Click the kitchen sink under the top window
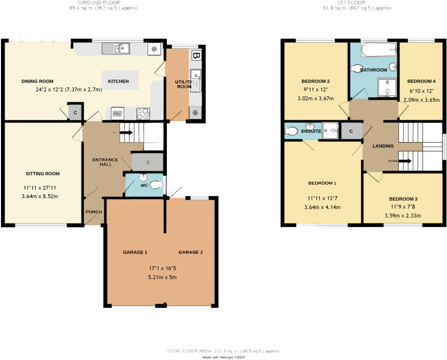[x=116, y=48]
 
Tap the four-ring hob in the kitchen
[x=143, y=114]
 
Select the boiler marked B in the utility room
[x=197, y=55]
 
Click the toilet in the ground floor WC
[x=156, y=185]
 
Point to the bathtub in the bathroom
[x=378, y=50]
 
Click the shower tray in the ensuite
[x=330, y=130]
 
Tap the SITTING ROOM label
[x=43, y=174]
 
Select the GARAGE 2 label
[x=191, y=252]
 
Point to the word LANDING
[x=383, y=146]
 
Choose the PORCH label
[x=94, y=212]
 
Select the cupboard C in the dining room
[x=75, y=112]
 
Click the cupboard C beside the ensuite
[x=351, y=131]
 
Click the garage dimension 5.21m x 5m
[x=162, y=277]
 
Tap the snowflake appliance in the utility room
[x=195, y=113]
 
